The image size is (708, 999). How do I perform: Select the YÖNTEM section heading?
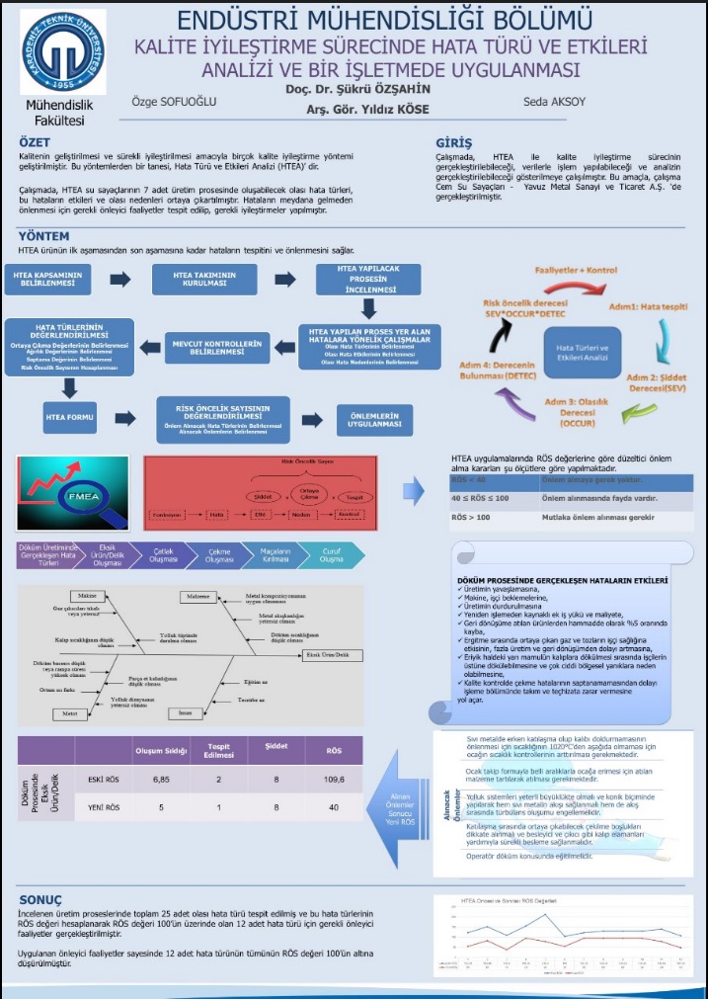coord(43,236)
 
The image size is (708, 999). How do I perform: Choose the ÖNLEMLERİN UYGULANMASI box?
coord(374,420)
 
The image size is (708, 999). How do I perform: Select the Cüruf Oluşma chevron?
coord(329,555)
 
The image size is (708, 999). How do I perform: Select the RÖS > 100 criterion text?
coord(472,517)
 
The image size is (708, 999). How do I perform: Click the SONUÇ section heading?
coord(40,900)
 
